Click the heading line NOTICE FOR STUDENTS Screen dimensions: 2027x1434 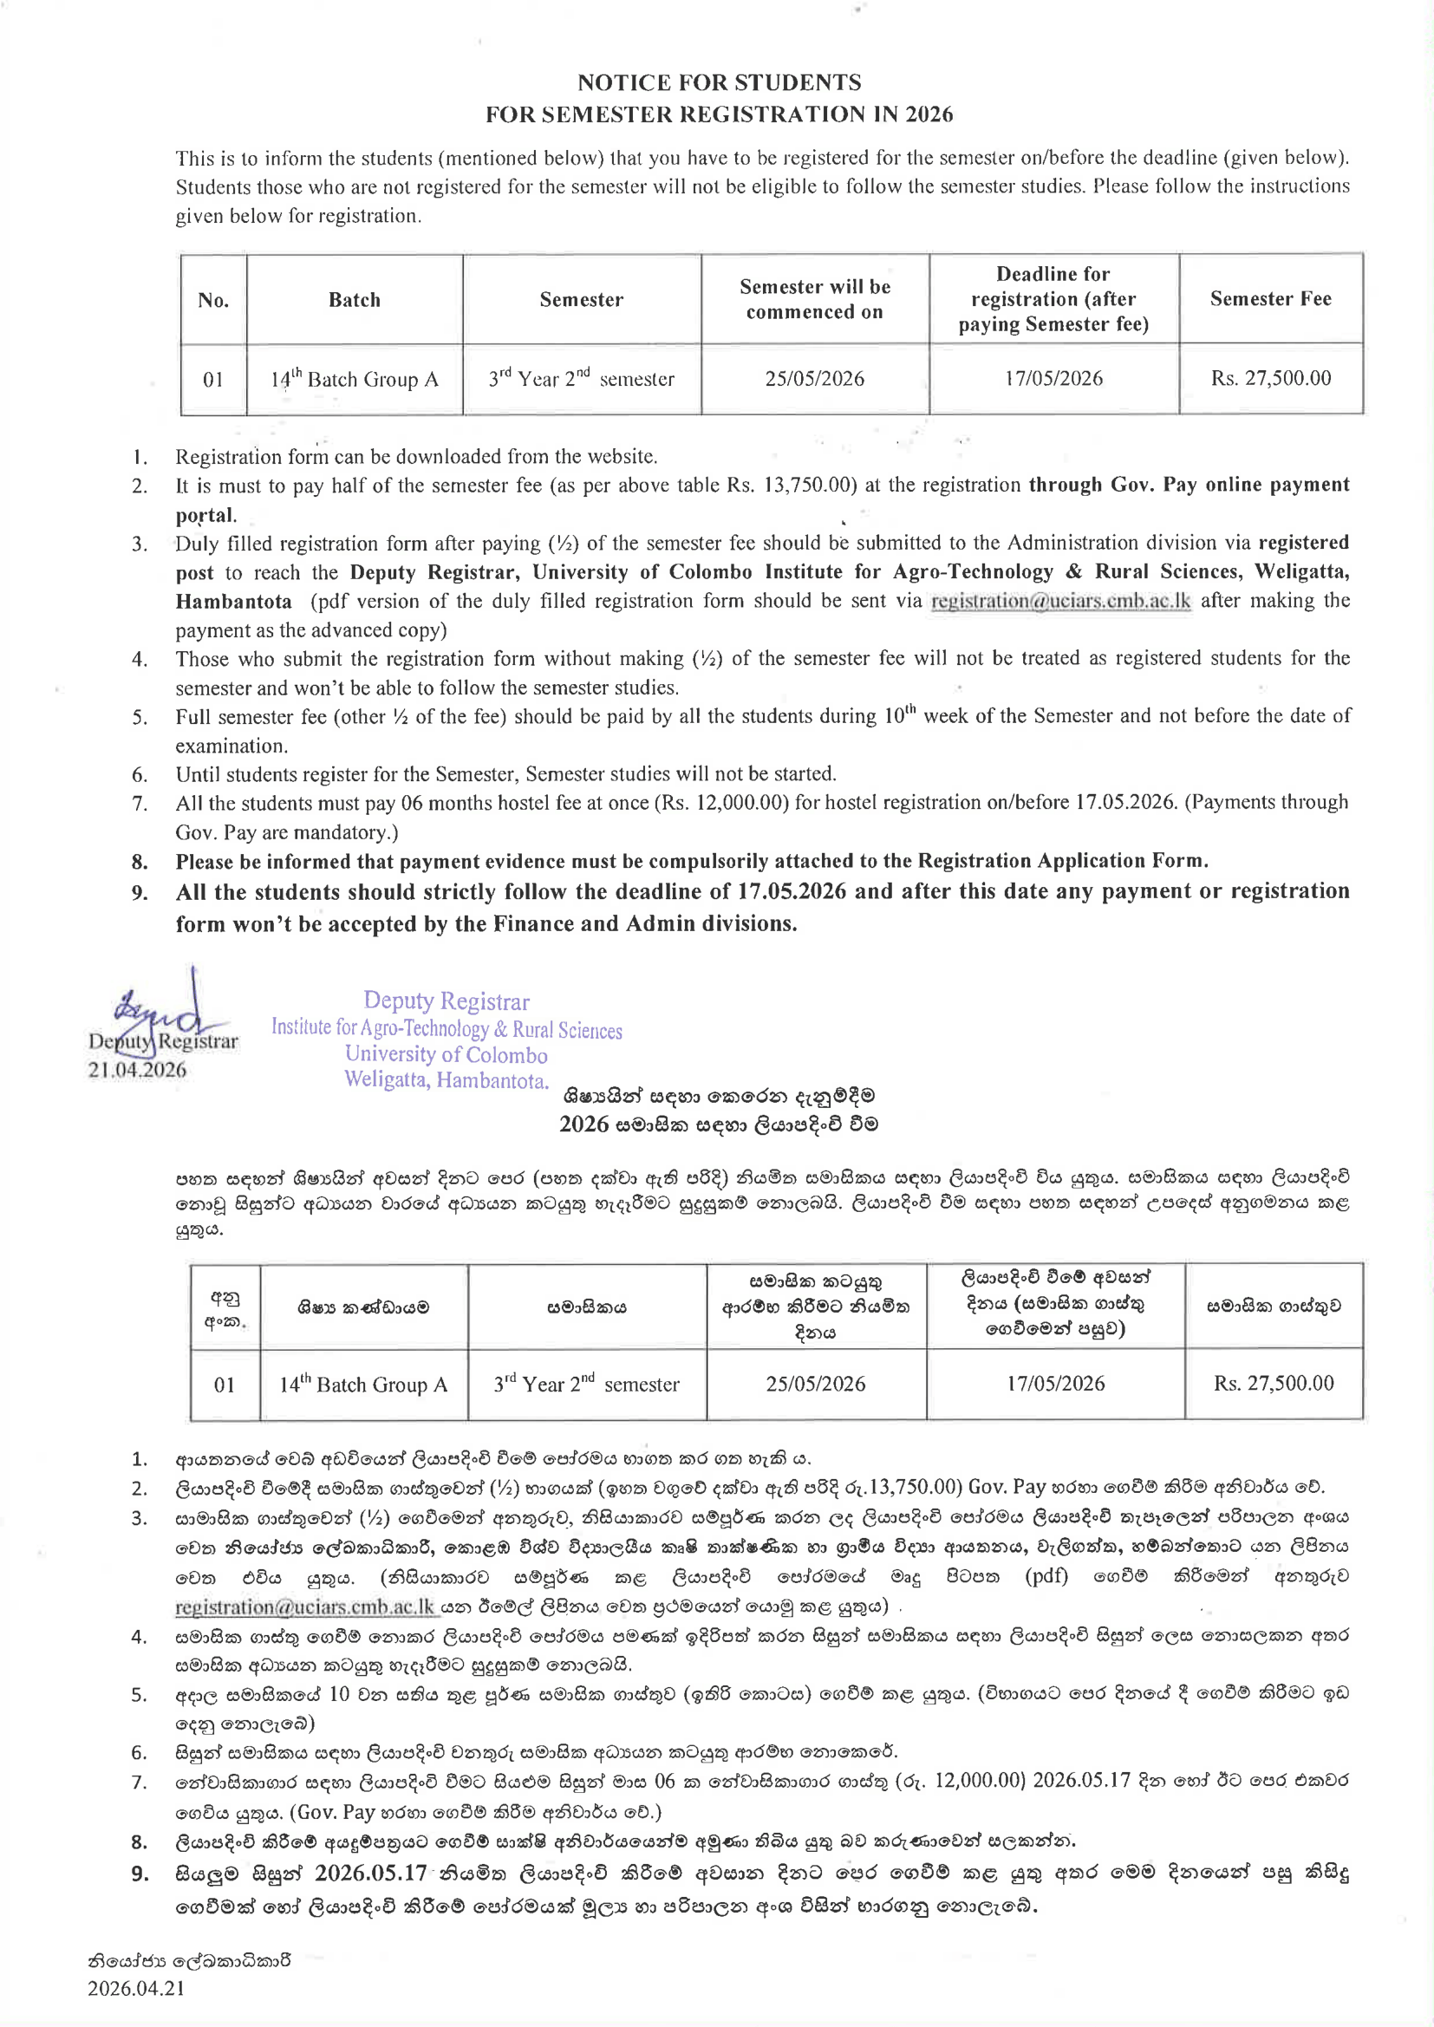pos(719,82)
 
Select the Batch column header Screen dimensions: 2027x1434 pos(354,300)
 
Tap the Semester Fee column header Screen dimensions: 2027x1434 pos(1270,299)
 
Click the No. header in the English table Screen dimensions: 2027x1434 pos(213,300)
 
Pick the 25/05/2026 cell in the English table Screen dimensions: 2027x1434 pos(814,379)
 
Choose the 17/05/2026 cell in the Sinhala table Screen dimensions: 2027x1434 pos(1055,1384)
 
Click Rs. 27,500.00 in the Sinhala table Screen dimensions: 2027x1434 pos(1273,1384)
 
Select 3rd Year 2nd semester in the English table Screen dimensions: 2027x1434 pos(581,379)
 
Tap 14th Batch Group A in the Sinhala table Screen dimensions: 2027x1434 pos(363,1385)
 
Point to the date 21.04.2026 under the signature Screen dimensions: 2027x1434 pos(137,1070)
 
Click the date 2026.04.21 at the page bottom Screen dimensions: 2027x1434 pos(136,1988)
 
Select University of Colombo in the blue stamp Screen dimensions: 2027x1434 pos(446,1055)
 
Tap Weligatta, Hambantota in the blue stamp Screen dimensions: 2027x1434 pos(446,1080)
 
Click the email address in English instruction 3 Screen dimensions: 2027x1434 pos(1060,601)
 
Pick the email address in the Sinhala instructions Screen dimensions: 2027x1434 pos(304,1607)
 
